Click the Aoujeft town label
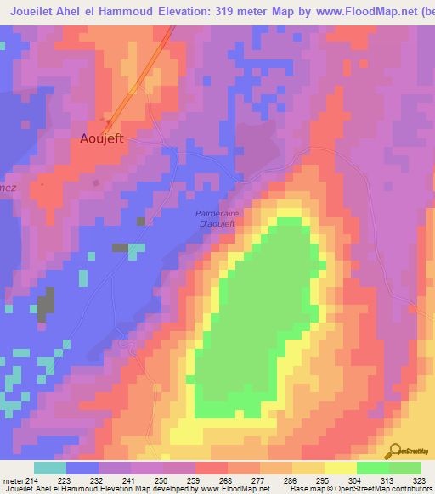tap(102, 138)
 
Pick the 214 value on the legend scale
tap(35, 480)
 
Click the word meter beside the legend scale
tap(14, 480)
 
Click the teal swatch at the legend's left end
tap(50, 468)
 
